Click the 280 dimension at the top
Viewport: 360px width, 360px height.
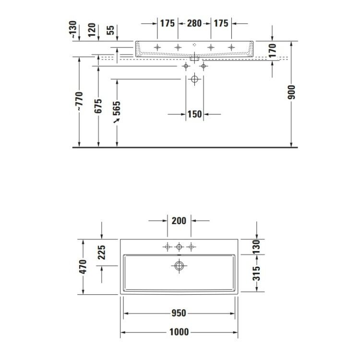[x=194, y=23]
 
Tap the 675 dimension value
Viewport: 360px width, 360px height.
[x=98, y=106]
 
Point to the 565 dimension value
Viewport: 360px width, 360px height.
[x=117, y=108]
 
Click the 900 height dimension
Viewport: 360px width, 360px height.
[x=291, y=92]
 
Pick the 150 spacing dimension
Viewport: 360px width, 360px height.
[x=195, y=114]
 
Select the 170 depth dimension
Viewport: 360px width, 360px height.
[x=272, y=50]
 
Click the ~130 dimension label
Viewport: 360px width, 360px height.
[x=73, y=29]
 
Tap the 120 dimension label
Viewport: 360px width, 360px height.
[x=92, y=30]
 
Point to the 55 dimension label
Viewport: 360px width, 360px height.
[x=110, y=30]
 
